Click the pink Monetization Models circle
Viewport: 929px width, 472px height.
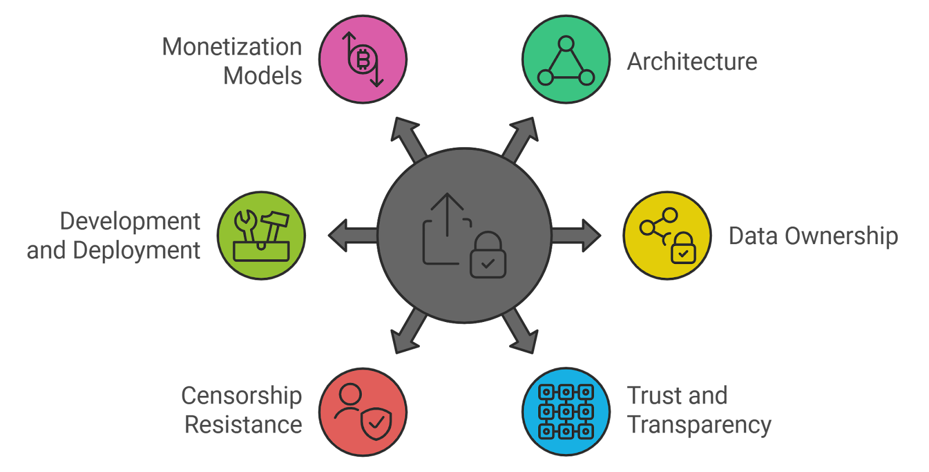[x=363, y=59]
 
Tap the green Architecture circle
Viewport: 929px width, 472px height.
[x=566, y=59]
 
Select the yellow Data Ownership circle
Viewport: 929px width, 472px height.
[x=667, y=235]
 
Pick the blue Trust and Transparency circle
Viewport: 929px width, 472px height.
[x=566, y=412]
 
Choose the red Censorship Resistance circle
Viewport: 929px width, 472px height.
[x=363, y=412]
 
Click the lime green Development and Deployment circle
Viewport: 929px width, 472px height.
[x=261, y=235]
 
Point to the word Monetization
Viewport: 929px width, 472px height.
[x=232, y=47]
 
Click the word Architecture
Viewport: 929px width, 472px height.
[x=692, y=62]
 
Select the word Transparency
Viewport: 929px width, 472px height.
[x=699, y=425]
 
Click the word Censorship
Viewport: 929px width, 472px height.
[x=242, y=396]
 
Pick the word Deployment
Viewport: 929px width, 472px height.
[x=137, y=251]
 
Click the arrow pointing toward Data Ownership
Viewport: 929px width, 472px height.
[x=577, y=235]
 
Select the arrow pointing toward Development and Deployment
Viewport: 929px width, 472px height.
[x=352, y=235]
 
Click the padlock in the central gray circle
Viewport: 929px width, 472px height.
[x=488, y=256]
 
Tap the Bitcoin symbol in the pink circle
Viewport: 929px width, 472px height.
[x=363, y=59]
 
